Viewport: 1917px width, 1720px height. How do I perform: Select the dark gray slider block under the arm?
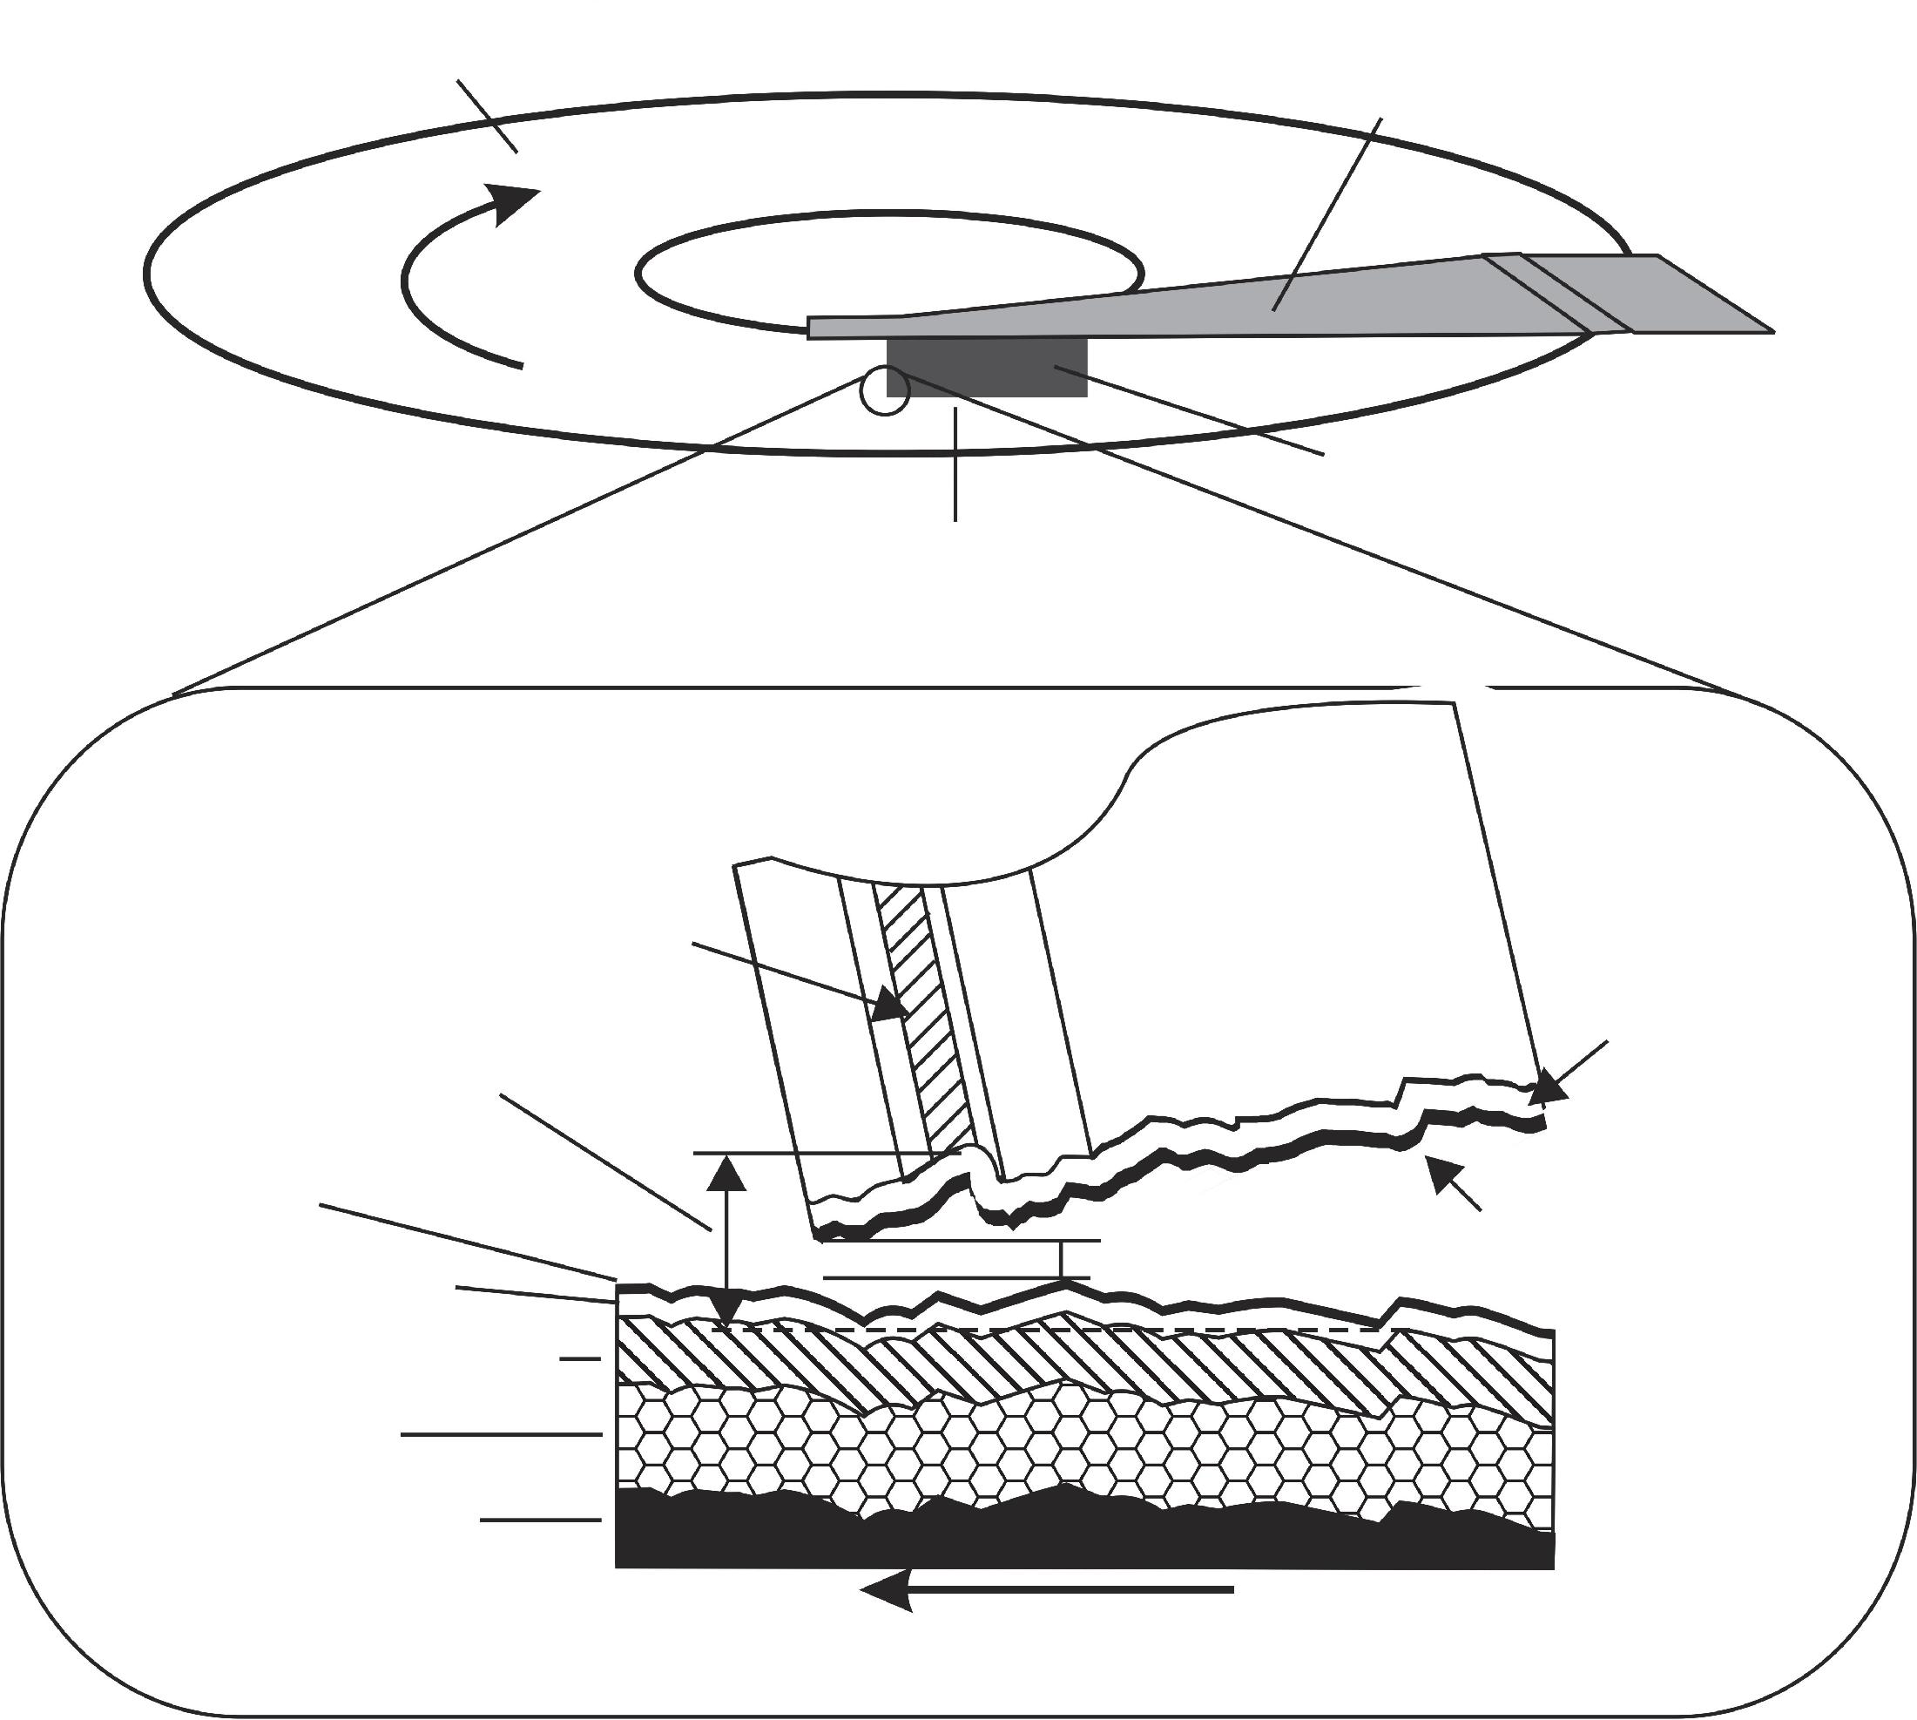pyautogui.click(x=988, y=367)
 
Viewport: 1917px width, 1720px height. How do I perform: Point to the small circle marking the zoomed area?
pyautogui.click(x=885, y=390)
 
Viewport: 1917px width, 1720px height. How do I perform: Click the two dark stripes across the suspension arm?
pyautogui.click(x=1559, y=293)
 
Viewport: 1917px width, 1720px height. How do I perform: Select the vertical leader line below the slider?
pyautogui.click(x=956, y=463)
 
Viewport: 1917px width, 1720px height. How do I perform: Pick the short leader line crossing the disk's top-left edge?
pyautogui.click(x=487, y=116)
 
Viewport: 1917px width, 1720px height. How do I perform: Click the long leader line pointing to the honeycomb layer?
pyautogui.click(x=501, y=1434)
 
